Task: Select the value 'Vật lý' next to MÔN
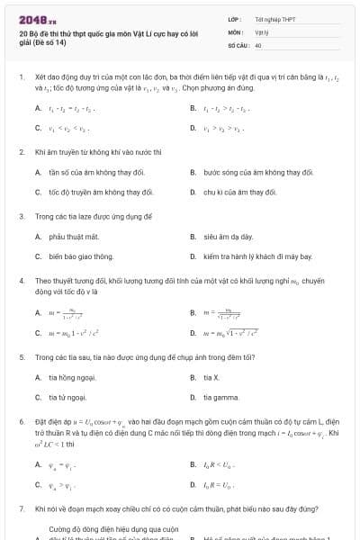(262, 31)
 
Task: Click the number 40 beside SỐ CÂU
(258, 43)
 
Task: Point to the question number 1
(22, 78)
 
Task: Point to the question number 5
(22, 357)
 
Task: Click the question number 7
(22, 509)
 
